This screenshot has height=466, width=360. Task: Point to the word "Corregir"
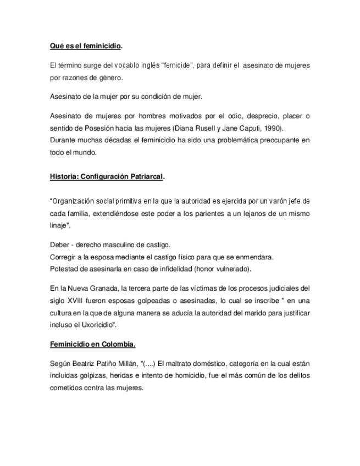tap(62, 257)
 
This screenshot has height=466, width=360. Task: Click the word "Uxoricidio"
tap(96, 324)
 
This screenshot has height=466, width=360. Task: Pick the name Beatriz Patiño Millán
tap(103, 364)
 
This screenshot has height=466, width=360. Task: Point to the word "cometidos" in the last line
tap(67, 388)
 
